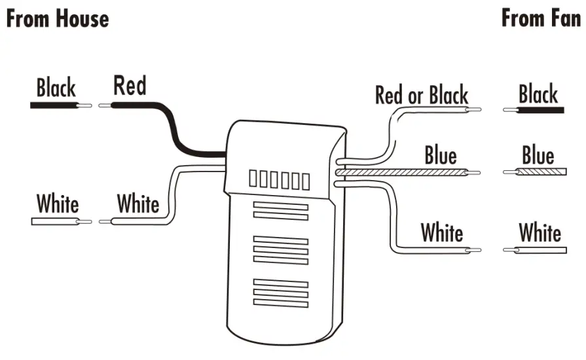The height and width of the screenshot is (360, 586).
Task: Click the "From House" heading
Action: tap(57, 18)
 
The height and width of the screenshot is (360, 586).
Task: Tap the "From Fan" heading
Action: tap(541, 18)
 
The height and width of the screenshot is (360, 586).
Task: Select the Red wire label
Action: tap(130, 86)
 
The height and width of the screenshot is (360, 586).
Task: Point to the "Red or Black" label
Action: tap(421, 95)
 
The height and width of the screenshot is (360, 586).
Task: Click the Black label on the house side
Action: tap(56, 88)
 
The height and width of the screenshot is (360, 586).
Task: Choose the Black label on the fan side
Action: tap(538, 94)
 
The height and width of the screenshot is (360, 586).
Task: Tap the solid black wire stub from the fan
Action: tap(540, 110)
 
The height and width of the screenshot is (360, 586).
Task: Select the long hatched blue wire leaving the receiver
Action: tap(406, 173)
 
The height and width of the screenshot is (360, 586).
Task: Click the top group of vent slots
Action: tap(280, 211)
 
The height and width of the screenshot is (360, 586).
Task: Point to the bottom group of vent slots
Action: tap(280, 293)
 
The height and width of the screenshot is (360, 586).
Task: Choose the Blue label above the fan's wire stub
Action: tap(538, 156)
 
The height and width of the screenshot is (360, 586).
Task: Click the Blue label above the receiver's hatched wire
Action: tap(440, 156)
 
